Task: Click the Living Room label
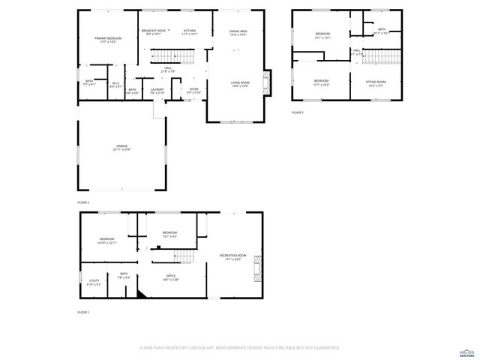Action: click(x=239, y=84)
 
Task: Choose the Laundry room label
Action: click(x=157, y=91)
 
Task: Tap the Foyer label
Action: click(x=193, y=91)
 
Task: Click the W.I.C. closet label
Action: click(x=116, y=85)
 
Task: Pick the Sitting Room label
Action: click(x=376, y=82)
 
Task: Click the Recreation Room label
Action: click(x=230, y=257)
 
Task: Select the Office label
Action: click(x=171, y=277)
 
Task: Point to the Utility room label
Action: click(x=94, y=282)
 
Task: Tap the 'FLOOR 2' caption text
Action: click(x=83, y=202)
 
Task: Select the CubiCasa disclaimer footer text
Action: click(x=240, y=348)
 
